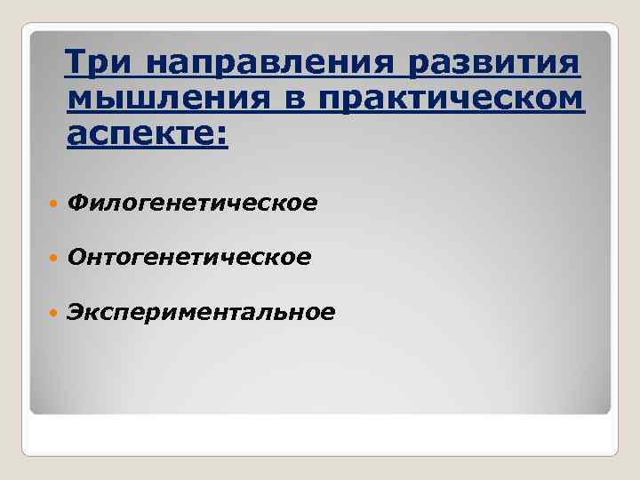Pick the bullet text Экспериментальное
pos(202,311)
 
